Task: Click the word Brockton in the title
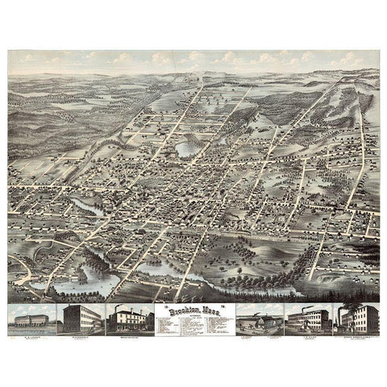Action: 179,308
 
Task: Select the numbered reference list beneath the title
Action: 193,322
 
